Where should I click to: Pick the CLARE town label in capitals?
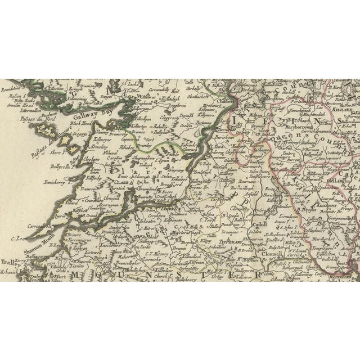coord(119,182)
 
